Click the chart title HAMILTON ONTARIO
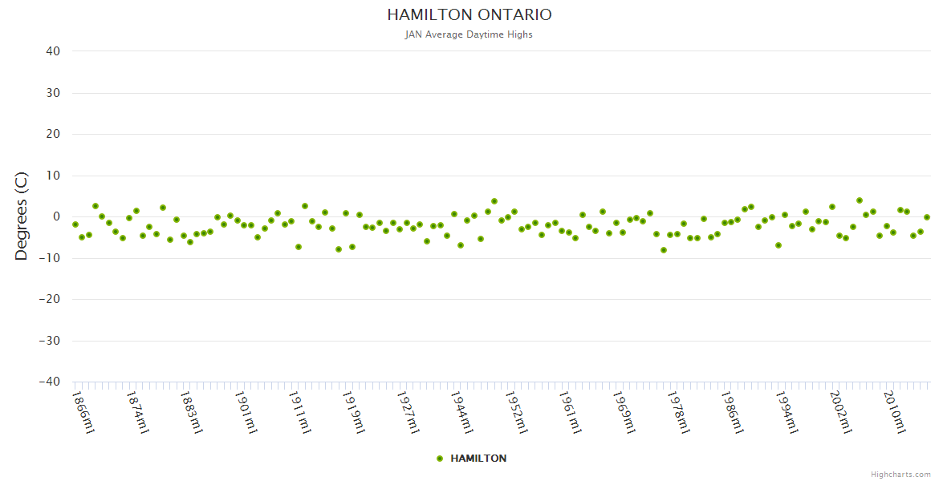[x=469, y=15]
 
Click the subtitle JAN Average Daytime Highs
[x=469, y=34]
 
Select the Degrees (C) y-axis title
[x=22, y=216]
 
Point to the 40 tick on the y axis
[x=53, y=51]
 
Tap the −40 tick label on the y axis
[x=50, y=382]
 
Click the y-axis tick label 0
[x=56, y=216]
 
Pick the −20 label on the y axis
[x=50, y=300]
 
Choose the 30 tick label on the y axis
[x=53, y=93]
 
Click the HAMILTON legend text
[x=478, y=459]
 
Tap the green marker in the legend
[x=440, y=459]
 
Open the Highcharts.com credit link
[x=900, y=474]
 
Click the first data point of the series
[x=75, y=224]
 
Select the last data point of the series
[x=927, y=217]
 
